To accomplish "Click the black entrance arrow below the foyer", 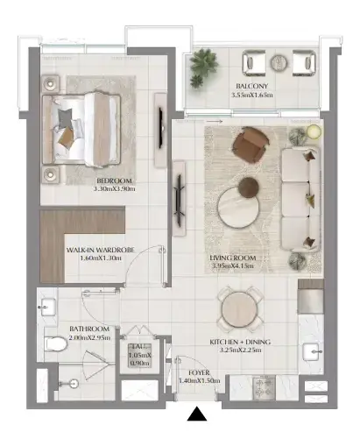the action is click(197, 414).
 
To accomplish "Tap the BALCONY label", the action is click(251, 86).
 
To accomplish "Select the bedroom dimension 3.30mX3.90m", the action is click(115, 188).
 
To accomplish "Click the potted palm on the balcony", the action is click(203, 67).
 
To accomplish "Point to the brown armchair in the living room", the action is click(251, 145).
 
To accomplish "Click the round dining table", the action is click(239, 309).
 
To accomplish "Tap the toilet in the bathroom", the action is click(56, 343).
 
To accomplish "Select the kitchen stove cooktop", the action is click(264, 387).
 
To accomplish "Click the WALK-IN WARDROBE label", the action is click(101, 250).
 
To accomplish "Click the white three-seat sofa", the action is click(300, 199).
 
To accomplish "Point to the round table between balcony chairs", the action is click(279, 63).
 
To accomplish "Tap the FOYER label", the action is click(199, 372).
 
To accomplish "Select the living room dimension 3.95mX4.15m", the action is click(233, 266).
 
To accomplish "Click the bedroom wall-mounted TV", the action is click(160, 128).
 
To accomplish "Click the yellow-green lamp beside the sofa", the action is click(314, 131).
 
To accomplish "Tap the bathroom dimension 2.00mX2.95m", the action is click(89, 337).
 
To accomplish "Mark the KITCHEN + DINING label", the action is click(240, 342).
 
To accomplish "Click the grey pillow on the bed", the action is click(65, 117).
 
